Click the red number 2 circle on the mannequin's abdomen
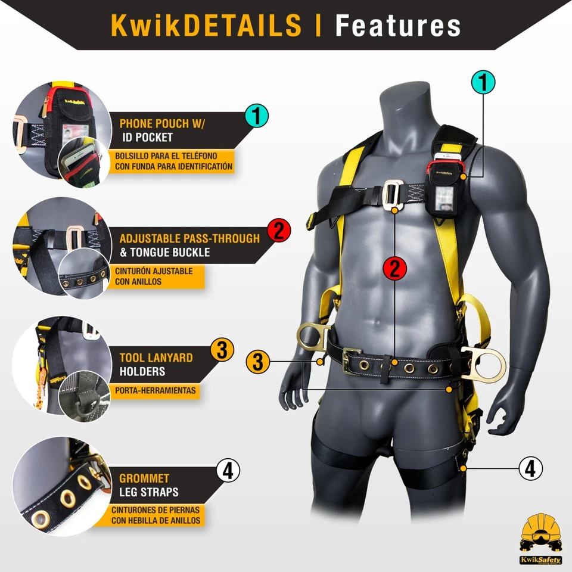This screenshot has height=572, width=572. click(x=394, y=269)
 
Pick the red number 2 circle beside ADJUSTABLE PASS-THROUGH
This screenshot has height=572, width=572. click(x=279, y=230)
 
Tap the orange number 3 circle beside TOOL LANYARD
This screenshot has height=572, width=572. click(x=222, y=351)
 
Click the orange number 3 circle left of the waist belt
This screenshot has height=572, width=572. click(x=258, y=361)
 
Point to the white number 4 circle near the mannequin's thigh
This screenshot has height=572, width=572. click(x=530, y=468)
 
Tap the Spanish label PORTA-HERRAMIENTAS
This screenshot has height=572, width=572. click(x=154, y=391)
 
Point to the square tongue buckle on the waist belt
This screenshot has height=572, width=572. click(x=352, y=361)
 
